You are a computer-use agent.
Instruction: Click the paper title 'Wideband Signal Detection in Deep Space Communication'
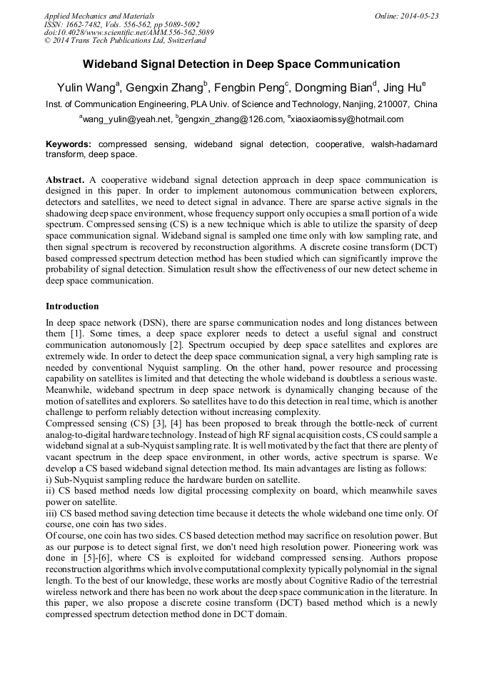242,63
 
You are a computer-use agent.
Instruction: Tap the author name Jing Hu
403,88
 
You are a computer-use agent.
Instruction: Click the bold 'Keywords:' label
69,144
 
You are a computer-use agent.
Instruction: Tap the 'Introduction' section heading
72,306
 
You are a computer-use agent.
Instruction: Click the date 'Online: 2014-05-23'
405,16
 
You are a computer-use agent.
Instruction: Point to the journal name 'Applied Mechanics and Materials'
99,16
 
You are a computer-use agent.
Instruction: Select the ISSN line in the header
121,24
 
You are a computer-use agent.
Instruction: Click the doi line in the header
128,32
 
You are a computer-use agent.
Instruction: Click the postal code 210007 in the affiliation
392,104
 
